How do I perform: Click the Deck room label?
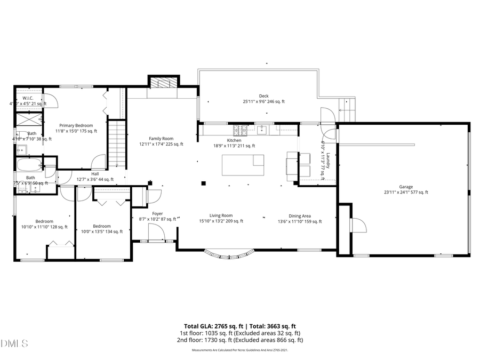[263, 96]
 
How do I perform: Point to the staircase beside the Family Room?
[116, 144]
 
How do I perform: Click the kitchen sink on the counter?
[262, 129]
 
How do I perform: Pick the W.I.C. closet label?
[28, 98]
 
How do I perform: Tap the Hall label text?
[95, 173]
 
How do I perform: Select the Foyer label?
[157, 213]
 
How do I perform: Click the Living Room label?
[221, 215]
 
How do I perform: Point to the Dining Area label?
[299, 216]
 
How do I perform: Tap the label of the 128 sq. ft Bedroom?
[45, 221]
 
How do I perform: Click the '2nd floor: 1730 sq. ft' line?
[242, 340]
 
